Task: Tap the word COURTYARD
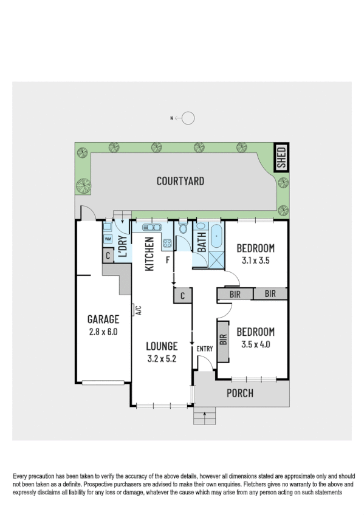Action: pos(180,181)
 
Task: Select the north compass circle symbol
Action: pos(188,118)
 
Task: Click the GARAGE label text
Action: pos(102,319)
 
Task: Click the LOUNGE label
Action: pos(162,346)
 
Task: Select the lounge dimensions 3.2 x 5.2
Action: pos(162,358)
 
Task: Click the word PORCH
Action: pos(239,394)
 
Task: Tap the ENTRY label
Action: pos(204,349)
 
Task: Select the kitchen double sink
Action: pos(151,228)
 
